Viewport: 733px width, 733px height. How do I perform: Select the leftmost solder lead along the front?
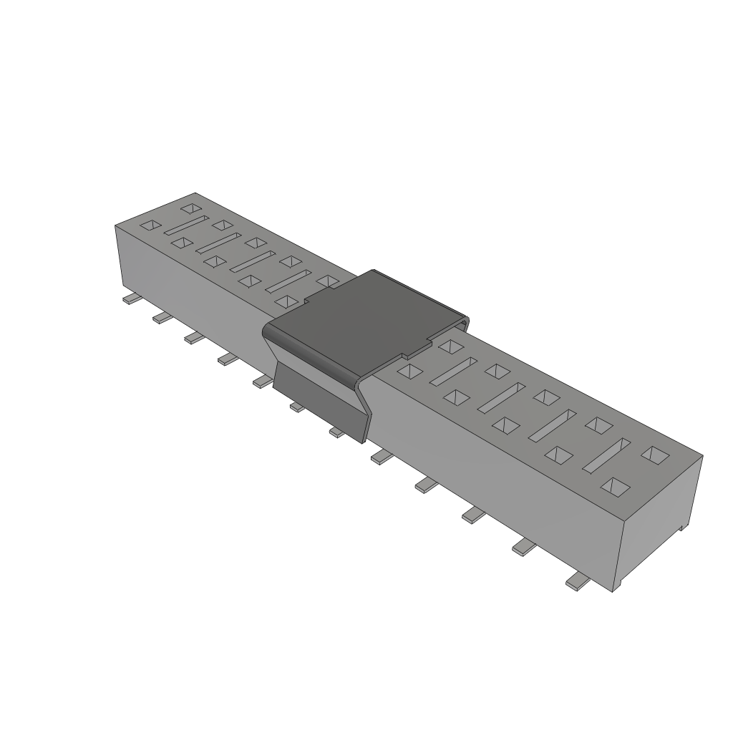(x=130, y=299)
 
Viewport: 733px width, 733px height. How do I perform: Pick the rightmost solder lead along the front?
(x=578, y=583)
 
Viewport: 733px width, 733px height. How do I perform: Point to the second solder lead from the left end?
(x=161, y=318)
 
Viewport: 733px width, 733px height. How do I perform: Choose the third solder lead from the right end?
(x=473, y=513)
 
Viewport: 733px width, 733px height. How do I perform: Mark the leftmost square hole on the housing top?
(x=149, y=225)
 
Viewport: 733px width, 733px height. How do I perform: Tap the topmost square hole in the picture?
(x=190, y=208)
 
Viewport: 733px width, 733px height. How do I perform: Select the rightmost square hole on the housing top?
(x=653, y=454)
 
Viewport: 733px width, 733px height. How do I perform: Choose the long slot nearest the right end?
(x=606, y=455)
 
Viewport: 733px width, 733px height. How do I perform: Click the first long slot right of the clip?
(x=454, y=372)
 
